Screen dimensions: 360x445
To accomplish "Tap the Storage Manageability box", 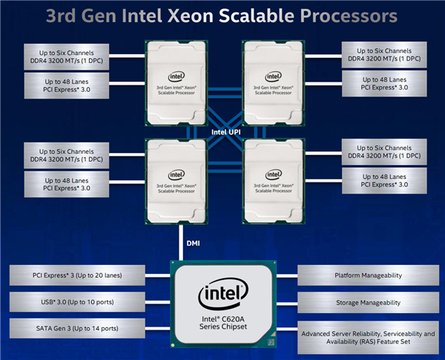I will coord(368,302).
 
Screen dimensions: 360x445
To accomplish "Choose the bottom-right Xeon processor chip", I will coord(274,178).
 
